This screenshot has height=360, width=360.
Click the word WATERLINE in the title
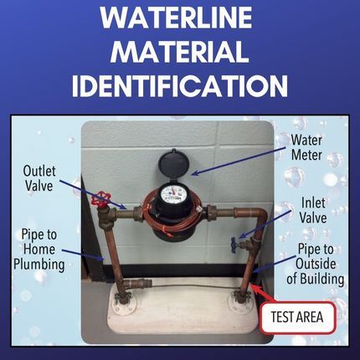point(177,17)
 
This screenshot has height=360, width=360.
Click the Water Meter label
point(306,147)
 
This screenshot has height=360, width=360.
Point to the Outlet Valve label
point(39,178)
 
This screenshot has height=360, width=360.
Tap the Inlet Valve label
point(313,210)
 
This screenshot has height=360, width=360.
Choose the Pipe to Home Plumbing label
point(39,249)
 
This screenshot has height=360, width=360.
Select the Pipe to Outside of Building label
point(316,264)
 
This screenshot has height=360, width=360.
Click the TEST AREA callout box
point(297,317)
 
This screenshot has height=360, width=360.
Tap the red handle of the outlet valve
point(100,198)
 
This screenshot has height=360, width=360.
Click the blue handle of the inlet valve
point(234,245)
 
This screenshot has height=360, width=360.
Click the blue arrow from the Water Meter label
point(239,160)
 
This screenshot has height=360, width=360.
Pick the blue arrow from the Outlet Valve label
point(93,194)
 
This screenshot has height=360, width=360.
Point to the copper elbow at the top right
point(259,215)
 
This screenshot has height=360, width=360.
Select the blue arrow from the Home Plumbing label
point(83,255)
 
